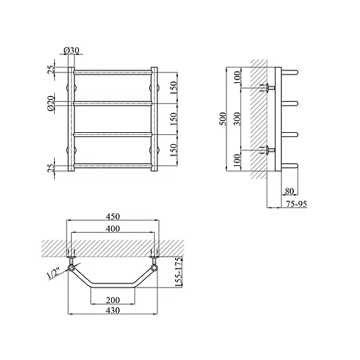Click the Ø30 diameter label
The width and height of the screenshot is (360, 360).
(x=71, y=50)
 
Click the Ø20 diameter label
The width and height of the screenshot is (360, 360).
(x=51, y=103)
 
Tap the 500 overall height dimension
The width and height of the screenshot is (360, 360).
(x=224, y=119)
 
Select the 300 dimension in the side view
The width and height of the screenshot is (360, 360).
(x=238, y=119)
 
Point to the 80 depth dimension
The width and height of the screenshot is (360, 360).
(x=289, y=191)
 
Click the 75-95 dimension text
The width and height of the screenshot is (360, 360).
(x=296, y=204)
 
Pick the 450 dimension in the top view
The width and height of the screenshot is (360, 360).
(x=112, y=217)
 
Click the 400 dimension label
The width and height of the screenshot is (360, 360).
(x=112, y=229)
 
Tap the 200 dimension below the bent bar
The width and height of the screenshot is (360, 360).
(x=112, y=300)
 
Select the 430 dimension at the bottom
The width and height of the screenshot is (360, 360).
(x=112, y=311)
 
